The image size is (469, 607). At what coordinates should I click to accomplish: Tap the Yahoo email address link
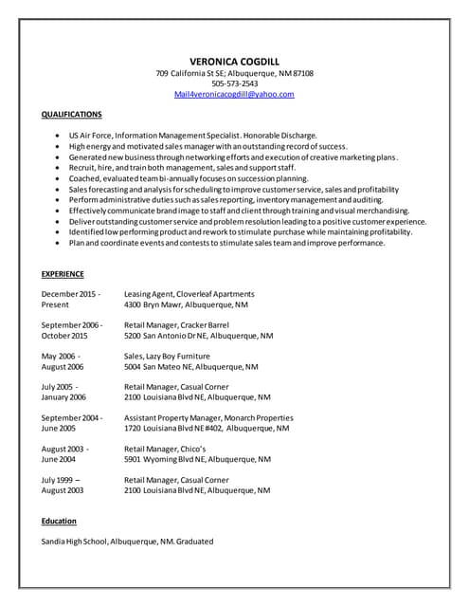click(x=234, y=95)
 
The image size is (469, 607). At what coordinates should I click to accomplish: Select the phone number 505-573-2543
click(x=234, y=83)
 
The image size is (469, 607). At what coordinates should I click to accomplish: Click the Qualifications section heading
click(x=72, y=114)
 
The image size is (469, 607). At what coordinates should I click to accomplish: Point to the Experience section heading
click(x=63, y=274)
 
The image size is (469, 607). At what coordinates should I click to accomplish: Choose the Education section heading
click(x=59, y=521)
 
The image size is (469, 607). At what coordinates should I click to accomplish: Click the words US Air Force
click(x=90, y=136)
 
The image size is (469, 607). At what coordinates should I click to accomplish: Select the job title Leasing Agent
click(x=150, y=294)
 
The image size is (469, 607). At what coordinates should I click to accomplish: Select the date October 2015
click(x=64, y=336)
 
